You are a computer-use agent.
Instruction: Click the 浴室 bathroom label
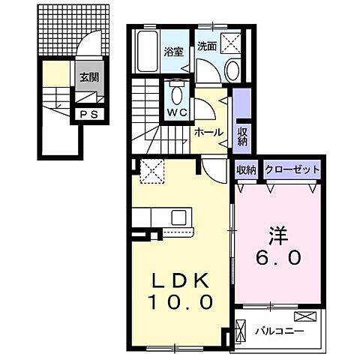click(x=173, y=52)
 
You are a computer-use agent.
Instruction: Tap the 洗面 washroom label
click(x=206, y=45)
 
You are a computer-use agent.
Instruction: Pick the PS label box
click(x=88, y=115)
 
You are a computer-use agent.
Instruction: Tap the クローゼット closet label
click(x=292, y=170)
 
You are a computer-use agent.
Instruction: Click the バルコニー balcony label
click(x=278, y=329)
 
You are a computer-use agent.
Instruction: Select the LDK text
click(x=178, y=281)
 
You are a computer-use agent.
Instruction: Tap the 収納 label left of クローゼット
click(x=247, y=170)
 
